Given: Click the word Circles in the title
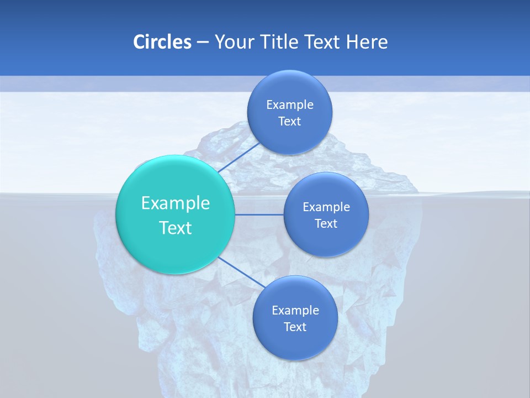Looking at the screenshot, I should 162,42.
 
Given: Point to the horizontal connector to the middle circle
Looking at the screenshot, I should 259,214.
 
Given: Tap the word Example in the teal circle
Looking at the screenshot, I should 176,203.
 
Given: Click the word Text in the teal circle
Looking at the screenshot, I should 176,228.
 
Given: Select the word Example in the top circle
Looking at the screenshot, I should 290,105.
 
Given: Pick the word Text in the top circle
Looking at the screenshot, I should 290,122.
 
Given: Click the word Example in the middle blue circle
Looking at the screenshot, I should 326,207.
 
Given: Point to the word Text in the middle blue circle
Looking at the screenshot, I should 326,224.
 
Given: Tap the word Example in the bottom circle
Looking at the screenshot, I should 295,311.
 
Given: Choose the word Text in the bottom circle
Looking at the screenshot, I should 295,327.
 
